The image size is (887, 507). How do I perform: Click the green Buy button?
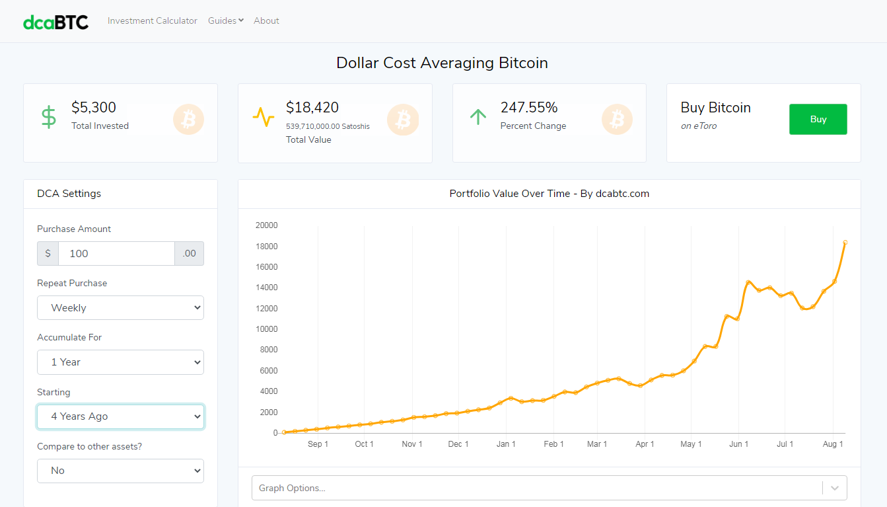click(818, 119)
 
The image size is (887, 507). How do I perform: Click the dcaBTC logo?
click(55, 22)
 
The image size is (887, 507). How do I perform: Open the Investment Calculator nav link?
click(152, 20)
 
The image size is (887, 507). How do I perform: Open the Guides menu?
click(225, 20)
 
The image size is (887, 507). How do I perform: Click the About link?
click(266, 20)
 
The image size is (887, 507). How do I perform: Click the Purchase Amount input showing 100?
click(116, 253)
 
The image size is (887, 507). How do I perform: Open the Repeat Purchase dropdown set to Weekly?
click(120, 307)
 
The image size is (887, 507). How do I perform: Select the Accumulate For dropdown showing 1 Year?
click(120, 362)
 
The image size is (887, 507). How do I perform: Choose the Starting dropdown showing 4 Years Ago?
click(120, 416)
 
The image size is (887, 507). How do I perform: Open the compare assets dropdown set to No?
click(120, 471)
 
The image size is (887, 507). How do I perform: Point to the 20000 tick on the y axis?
click(267, 225)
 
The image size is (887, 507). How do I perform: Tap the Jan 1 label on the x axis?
click(506, 444)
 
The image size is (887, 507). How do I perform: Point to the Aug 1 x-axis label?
click(833, 444)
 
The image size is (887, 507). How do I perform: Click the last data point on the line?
click(845, 243)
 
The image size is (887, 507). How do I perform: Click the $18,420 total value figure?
click(312, 108)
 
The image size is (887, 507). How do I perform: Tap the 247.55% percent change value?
click(529, 108)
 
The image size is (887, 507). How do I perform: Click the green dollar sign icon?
click(49, 117)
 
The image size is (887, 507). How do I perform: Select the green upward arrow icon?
click(478, 117)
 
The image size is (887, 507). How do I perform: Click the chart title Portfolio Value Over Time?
click(549, 194)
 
